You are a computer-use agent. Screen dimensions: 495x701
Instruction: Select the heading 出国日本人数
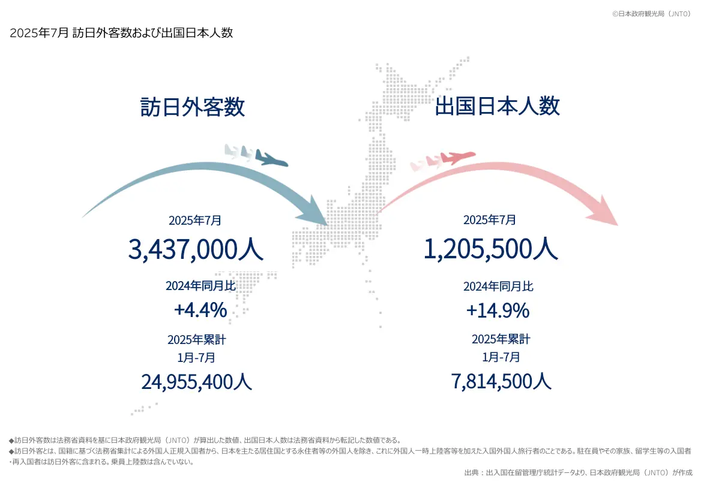click(497, 106)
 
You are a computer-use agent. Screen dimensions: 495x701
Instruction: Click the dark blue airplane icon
click(271, 159)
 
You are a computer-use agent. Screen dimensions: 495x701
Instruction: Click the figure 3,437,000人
click(196, 249)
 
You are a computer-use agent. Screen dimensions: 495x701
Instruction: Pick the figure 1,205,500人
click(490, 249)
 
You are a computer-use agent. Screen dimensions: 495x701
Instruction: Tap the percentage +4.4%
click(200, 310)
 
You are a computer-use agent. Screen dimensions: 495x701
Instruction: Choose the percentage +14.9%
click(498, 310)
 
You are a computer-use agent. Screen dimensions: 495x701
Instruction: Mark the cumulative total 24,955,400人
click(196, 382)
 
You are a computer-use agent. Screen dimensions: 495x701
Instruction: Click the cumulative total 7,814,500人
click(501, 381)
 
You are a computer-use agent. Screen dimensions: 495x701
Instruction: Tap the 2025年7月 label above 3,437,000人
click(195, 221)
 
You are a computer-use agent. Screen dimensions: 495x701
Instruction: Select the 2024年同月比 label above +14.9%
click(498, 286)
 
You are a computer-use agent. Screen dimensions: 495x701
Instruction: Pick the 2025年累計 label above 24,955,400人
click(197, 340)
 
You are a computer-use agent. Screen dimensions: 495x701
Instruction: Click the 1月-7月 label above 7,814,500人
click(501, 358)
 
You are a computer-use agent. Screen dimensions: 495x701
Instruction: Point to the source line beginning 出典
click(578, 473)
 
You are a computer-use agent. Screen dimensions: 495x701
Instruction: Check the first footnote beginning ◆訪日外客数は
click(204, 440)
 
